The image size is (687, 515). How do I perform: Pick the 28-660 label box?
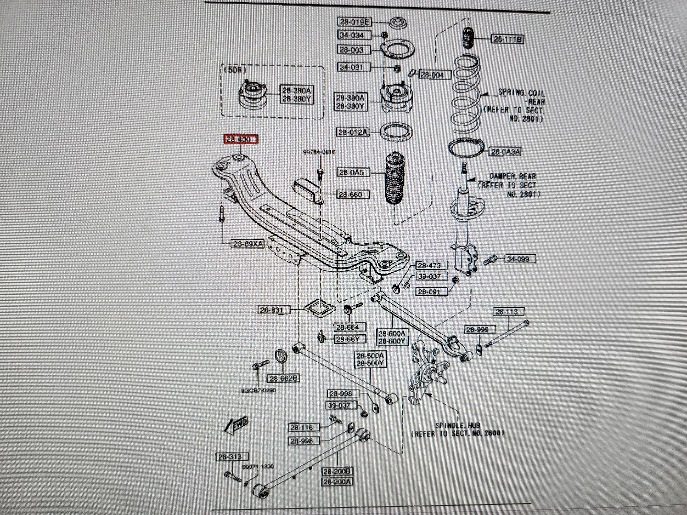coord(353,195)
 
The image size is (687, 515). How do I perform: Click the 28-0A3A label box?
coord(505,152)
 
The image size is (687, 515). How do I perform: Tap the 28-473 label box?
coord(432,265)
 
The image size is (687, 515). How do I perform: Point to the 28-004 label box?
coord(435,75)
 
